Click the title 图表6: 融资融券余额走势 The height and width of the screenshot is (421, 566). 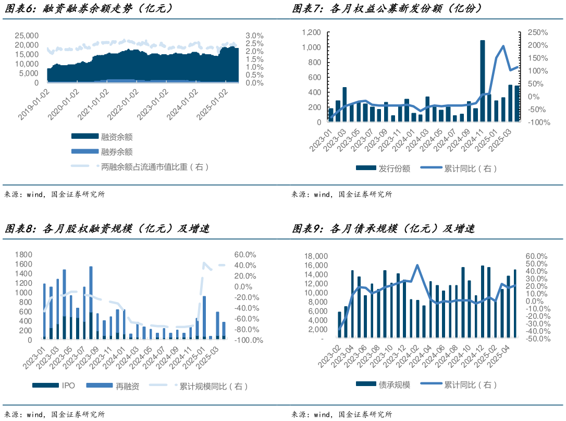[89, 8]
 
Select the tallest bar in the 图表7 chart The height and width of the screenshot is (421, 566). [482, 81]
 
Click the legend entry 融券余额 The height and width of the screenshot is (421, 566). [117, 152]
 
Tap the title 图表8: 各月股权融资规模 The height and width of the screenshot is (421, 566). [107, 228]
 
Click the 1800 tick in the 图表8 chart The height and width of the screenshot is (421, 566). [23, 255]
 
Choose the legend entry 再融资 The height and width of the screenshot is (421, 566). [127, 387]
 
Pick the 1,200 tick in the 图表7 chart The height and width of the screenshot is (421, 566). [311, 32]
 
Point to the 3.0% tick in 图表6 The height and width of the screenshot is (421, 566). [254, 35]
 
